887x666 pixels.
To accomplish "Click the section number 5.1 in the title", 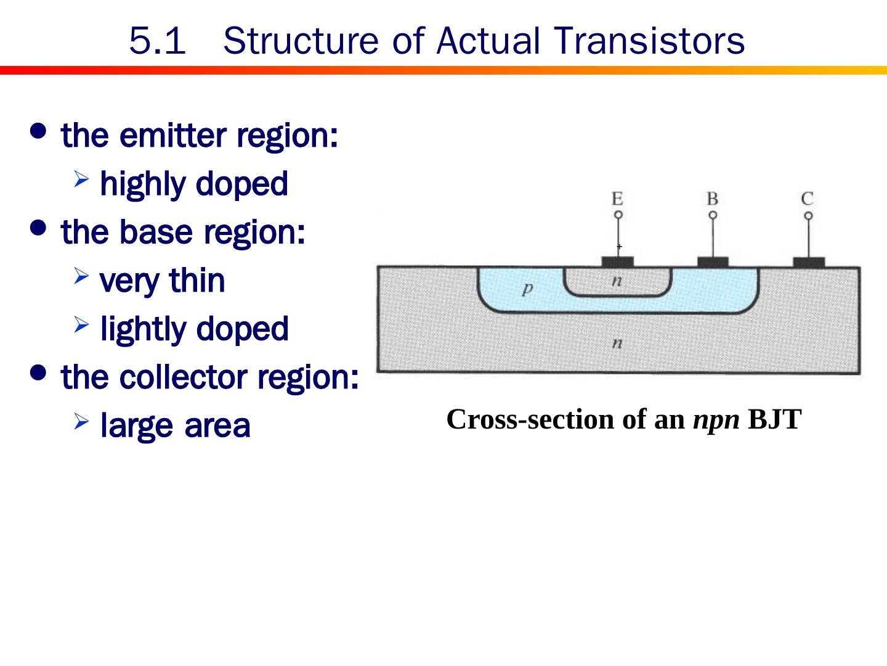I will pyautogui.click(x=157, y=41).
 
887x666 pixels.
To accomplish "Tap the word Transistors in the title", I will pyautogui.click(x=649, y=41).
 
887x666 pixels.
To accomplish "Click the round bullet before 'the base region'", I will pyautogui.click(x=38, y=228).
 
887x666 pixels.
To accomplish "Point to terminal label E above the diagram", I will pyautogui.click(x=617, y=199).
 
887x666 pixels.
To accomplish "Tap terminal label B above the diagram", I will pyautogui.click(x=712, y=199).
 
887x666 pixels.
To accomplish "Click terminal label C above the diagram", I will pyautogui.click(x=808, y=199).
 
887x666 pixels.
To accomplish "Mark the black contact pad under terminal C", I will pyautogui.click(x=808, y=263).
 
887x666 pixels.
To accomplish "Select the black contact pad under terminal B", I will pyautogui.click(x=713, y=263).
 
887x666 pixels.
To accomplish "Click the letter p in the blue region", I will pyautogui.click(x=526, y=288).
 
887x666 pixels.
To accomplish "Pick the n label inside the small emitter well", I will pyautogui.click(x=617, y=281).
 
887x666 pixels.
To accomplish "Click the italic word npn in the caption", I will pyautogui.click(x=716, y=420).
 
